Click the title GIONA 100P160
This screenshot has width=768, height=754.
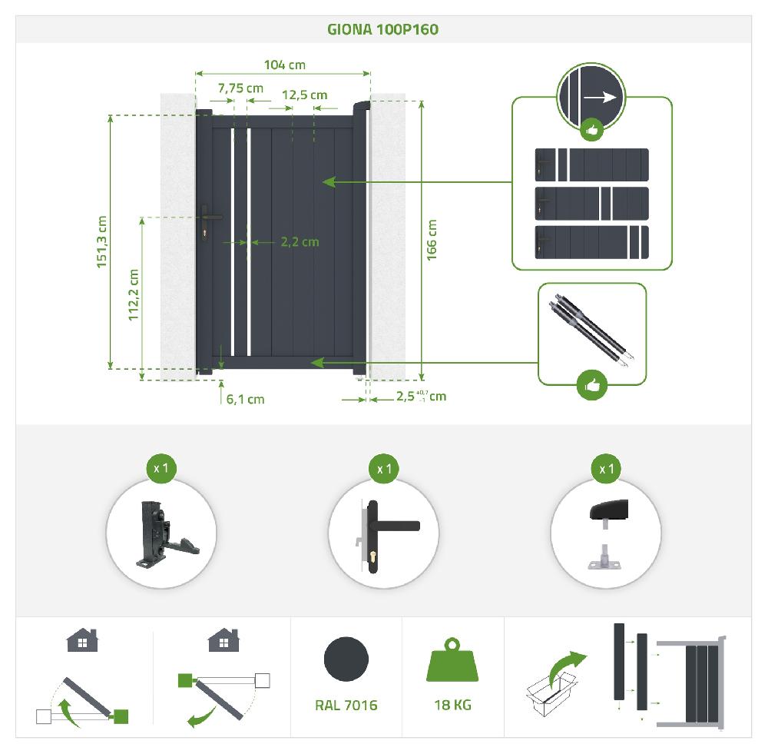pyautogui.click(x=383, y=29)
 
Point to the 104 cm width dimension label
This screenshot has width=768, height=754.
pyautogui.click(x=285, y=65)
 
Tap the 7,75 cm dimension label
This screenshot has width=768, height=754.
pyautogui.click(x=240, y=88)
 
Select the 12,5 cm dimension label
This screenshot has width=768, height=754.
pyautogui.click(x=304, y=95)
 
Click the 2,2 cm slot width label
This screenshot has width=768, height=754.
pyautogui.click(x=300, y=241)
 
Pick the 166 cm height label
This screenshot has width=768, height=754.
pyautogui.click(x=432, y=240)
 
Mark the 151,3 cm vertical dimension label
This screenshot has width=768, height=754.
pyautogui.click(x=101, y=241)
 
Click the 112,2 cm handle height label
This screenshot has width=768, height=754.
pyautogui.click(x=133, y=294)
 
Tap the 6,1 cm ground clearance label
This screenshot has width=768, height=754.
pyautogui.click(x=246, y=399)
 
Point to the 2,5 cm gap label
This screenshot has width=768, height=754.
pyautogui.click(x=421, y=396)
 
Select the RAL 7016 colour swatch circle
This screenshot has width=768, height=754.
pyautogui.click(x=346, y=659)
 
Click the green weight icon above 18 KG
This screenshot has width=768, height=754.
pyautogui.click(x=452, y=659)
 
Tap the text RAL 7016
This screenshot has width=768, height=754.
pyautogui.click(x=346, y=705)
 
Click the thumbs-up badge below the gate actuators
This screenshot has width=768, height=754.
pyautogui.click(x=592, y=385)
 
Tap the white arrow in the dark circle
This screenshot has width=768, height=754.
pyautogui.click(x=601, y=97)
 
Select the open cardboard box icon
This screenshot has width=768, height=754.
pyautogui.click(x=551, y=693)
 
